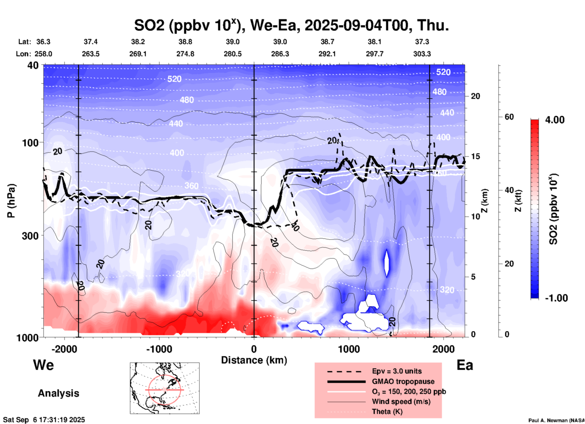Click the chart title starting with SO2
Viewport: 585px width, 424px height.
tap(292, 26)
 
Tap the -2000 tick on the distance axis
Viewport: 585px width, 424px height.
tap(64, 349)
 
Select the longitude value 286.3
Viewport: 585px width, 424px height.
tap(280, 54)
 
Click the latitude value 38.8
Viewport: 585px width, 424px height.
tap(185, 42)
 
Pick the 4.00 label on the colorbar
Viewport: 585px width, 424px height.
tap(555, 120)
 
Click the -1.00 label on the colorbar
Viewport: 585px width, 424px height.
tap(556, 298)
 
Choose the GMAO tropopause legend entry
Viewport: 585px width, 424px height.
tap(403, 381)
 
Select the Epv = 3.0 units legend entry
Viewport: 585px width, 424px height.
tap(396, 371)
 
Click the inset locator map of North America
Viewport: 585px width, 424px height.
tap(165, 388)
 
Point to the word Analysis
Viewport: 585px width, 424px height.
tap(58, 393)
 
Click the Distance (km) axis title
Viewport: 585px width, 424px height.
tap(254, 360)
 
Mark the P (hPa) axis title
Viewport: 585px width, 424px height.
tap(11, 201)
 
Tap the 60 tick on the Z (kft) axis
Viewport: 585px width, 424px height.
tap(509, 117)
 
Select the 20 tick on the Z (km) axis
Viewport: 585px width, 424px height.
tap(475, 96)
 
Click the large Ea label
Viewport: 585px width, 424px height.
tap(465, 365)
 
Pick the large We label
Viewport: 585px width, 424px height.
tap(43, 365)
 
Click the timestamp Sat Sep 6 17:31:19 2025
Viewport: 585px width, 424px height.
tap(44, 420)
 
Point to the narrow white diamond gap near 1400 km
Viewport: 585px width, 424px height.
tap(386, 263)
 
